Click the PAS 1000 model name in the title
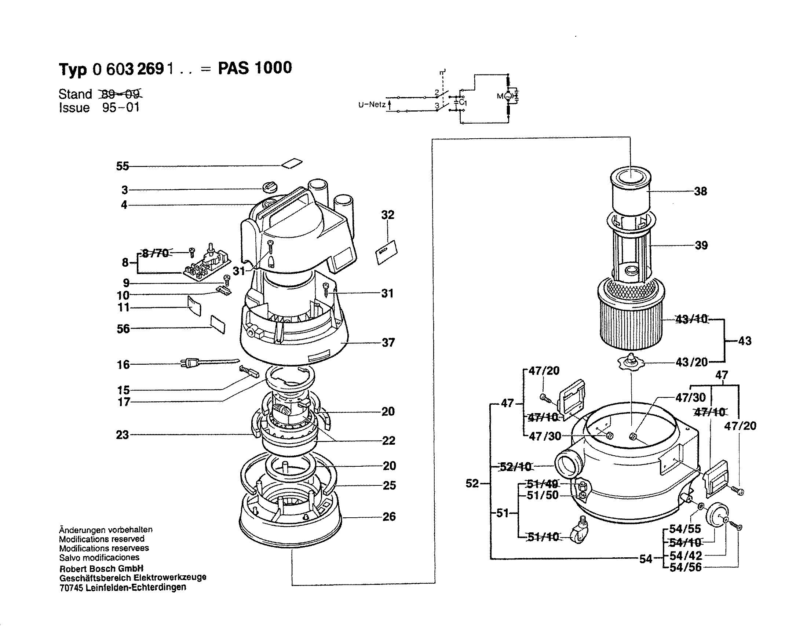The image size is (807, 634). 255,68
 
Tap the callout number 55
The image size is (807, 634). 123,166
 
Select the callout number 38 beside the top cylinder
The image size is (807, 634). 701,192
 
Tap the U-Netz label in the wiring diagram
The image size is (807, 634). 372,105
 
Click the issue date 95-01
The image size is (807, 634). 121,108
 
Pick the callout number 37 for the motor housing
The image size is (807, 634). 388,343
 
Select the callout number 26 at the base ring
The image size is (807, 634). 389,517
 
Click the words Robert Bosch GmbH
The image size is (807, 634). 101,569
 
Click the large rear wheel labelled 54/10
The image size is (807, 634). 716,515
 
